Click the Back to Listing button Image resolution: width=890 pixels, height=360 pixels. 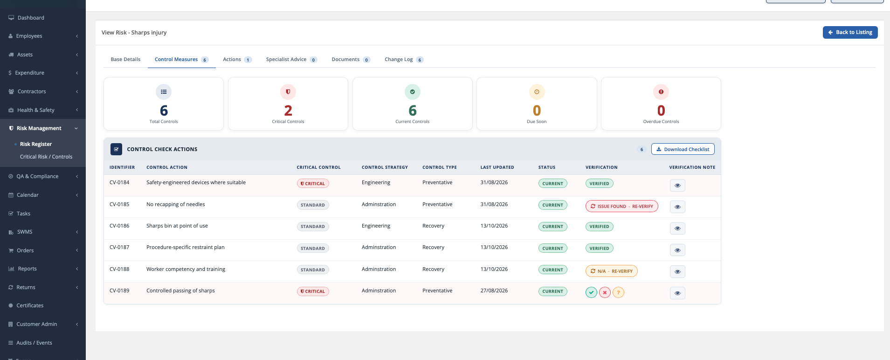click(x=850, y=32)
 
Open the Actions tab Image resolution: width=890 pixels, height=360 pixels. click(x=237, y=59)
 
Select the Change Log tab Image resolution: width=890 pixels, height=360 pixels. click(x=404, y=59)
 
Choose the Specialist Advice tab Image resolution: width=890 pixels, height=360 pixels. click(x=291, y=59)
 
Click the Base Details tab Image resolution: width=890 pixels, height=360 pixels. click(x=125, y=59)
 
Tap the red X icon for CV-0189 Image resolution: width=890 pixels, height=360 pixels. click(x=605, y=292)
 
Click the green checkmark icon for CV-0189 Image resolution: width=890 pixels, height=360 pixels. click(x=591, y=292)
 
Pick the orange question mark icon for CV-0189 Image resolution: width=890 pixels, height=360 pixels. click(x=618, y=292)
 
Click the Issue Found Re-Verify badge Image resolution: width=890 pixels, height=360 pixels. click(x=622, y=206)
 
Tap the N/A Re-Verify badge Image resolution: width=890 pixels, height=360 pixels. click(x=612, y=271)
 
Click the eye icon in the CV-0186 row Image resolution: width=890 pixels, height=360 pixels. click(x=677, y=228)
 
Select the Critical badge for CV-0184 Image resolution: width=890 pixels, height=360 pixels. click(x=313, y=184)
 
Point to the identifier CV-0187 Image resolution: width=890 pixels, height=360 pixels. click(x=119, y=247)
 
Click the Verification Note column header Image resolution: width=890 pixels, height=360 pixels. click(x=692, y=167)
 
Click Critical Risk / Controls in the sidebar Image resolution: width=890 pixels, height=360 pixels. click(x=46, y=157)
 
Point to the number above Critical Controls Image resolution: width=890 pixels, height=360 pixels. click(x=288, y=111)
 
